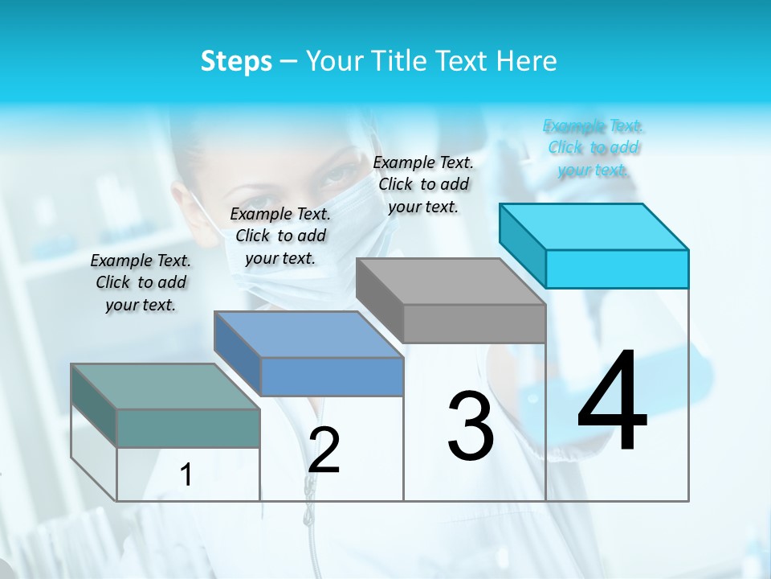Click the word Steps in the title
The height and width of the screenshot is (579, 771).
[x=236, y=61]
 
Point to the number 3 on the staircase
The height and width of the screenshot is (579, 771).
[x=471, y=426]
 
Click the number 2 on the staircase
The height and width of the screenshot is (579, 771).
[x=324, y=450]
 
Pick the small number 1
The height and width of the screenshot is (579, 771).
[x=186, y=474]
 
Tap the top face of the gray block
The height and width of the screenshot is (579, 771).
[x=451, y=281]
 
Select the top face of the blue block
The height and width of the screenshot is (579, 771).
[x=308, y=335]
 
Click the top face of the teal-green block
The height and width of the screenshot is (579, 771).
[x=165, y=387]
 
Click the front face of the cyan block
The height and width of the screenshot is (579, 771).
[x=617, y=269]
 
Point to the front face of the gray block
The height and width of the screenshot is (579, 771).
[x=474, y=323]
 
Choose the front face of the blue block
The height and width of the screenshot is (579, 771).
[x=332, y=376]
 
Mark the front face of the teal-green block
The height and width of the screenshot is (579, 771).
[x=188, y=428]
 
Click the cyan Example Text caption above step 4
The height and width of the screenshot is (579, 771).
[x=594, y=148]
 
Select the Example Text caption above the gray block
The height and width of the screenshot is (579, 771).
[x=423, y=184]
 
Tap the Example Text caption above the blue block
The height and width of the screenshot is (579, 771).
[x=280, y=236]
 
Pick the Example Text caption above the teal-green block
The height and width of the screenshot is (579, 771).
[x=141, y=282]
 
